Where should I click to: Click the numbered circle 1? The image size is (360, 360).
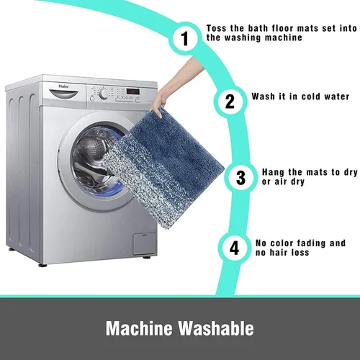click(185, 38)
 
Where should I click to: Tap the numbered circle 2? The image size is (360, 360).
click(230, 102)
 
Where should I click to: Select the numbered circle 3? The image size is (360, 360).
click(240, 178)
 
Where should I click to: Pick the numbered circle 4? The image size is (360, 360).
click(234, 248)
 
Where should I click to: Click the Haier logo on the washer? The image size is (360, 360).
click(64, 86)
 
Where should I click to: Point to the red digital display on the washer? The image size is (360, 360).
click(133, 91)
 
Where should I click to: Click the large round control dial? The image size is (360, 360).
click(104, 94)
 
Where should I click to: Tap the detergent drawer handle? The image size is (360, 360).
click(64, 94)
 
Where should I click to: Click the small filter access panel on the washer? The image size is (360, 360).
click(144, 243)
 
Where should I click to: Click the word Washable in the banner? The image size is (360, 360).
click(216, 328)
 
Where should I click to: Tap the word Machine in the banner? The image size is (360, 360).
click(139, 328)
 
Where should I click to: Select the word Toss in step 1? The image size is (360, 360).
click(216, 28)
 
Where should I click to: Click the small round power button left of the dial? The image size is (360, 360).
click(92, 99)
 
